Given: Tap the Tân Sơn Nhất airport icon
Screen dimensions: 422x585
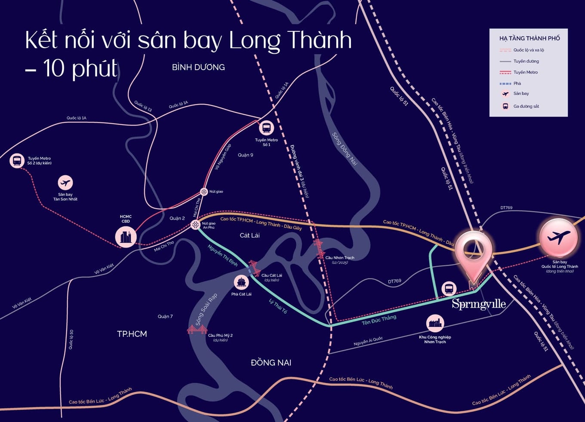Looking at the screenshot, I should tap(65, 183).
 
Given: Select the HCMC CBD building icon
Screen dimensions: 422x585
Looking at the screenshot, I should tap(126, 236).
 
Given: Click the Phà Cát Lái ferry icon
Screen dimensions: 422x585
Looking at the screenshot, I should tap(241, 282).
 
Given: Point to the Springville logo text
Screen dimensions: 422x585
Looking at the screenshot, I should tap(479, 304).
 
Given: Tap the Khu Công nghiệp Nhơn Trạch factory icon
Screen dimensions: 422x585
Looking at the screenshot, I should tap(435, 323).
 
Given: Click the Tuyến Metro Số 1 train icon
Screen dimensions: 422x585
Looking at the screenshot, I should tap(266, 128).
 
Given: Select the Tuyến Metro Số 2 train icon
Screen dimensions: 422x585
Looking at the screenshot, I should tap(17, 161).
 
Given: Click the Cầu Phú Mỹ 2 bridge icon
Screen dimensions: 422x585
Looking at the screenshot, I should tap(197, 330).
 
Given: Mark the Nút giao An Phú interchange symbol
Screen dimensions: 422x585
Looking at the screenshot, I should tap(195, 224).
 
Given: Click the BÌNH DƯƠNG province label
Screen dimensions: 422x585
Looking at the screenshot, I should tap(198, 67).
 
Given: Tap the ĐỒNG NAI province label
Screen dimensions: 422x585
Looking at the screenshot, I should tap(271, 363).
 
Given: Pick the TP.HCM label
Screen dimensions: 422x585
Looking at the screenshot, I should tap(132, 334).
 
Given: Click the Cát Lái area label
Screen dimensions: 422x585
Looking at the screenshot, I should tap(249, 235).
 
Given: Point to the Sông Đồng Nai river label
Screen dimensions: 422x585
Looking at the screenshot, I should tap(345, 149).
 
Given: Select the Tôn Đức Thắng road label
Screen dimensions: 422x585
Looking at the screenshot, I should tap(379, 319).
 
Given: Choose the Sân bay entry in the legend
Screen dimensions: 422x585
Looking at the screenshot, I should tap(521, 94).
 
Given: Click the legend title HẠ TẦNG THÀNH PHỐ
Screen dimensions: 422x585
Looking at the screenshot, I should tap(530, 38).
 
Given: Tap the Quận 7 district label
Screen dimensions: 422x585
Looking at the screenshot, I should tap(165, 316).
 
